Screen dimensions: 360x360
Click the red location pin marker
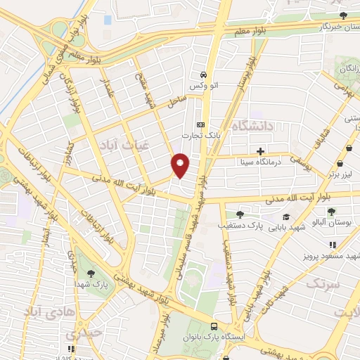point(181,165)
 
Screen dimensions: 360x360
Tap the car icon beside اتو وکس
point(203,75)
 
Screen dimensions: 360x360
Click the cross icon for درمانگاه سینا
point(260,150)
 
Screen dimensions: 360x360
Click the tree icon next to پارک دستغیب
point(240,214)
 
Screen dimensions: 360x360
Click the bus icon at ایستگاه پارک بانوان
point(213,326)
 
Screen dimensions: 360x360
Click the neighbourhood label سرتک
point(323,284)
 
